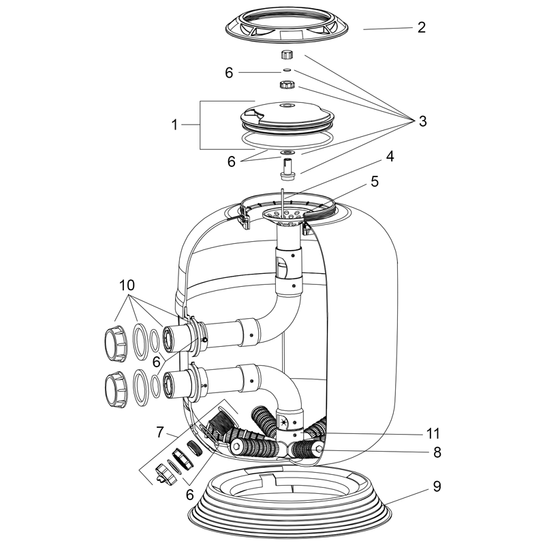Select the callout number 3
pyautogui.click(x=422, y=121)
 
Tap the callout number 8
pyautogui.click(x=436, y=451)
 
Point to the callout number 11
pyautogui.click(x=434, y=433)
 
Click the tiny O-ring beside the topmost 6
pyautogui.click(x=286, y=69)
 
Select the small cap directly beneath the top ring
pyautogui.click(x=286, y=54)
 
